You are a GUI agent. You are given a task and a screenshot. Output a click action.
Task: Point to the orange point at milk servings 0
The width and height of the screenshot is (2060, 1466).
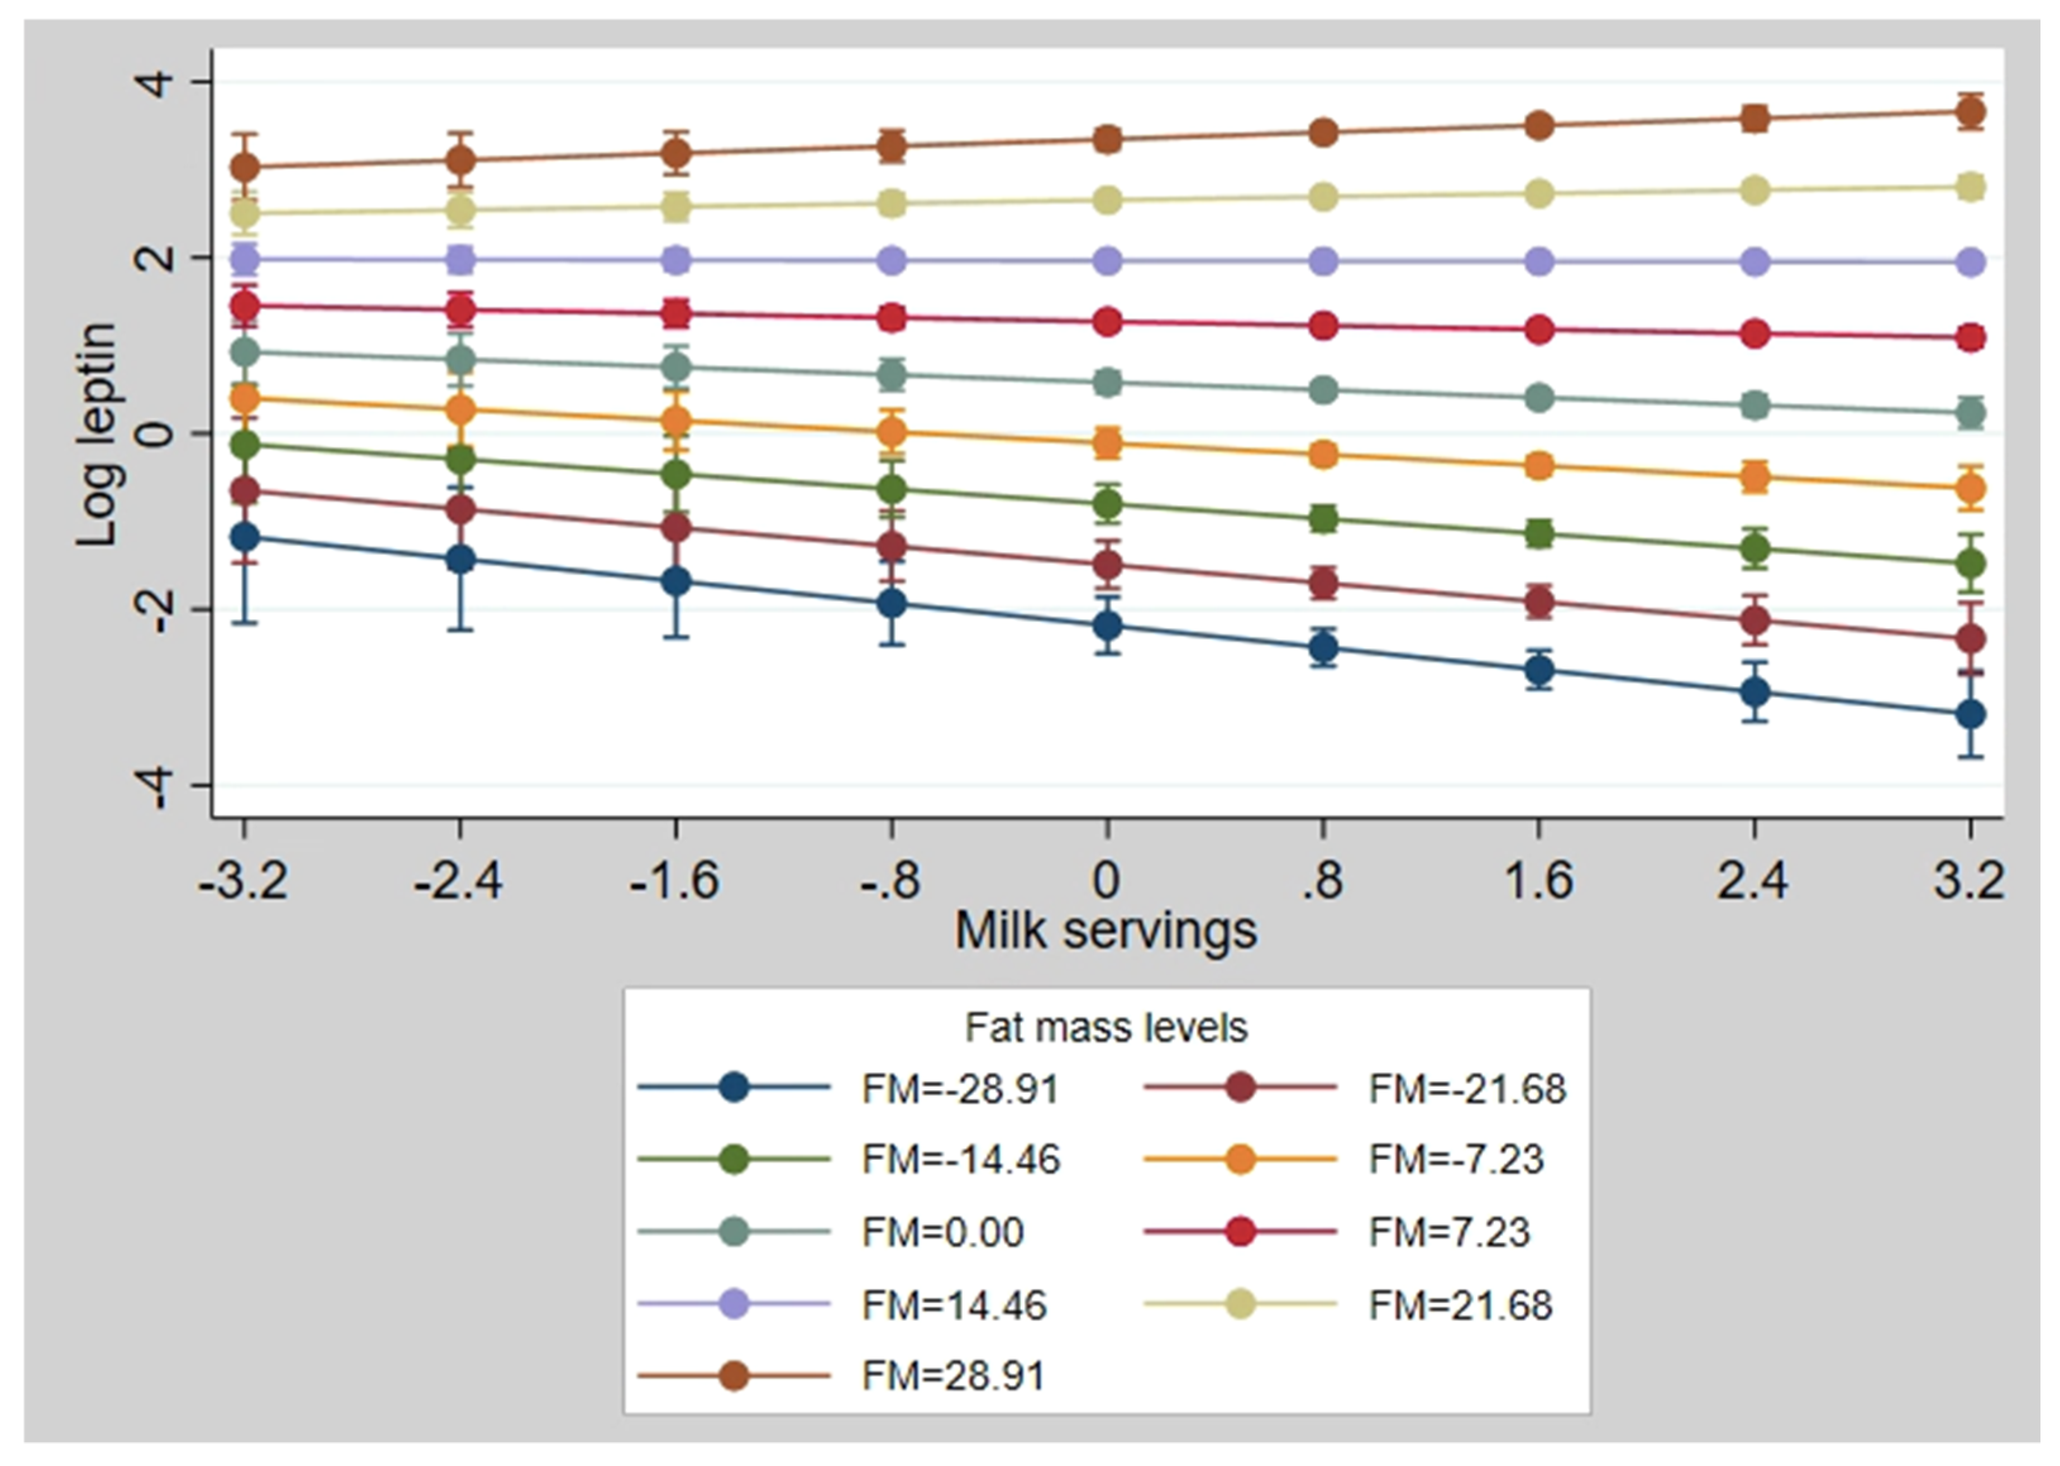[1107, 442]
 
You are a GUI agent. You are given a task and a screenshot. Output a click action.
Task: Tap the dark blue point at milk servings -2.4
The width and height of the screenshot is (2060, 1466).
[460, 560]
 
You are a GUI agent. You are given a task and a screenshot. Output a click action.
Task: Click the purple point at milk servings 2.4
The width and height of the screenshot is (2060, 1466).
[1754, 262]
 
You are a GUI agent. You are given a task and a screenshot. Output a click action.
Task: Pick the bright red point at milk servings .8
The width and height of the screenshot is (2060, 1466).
[1323, 326]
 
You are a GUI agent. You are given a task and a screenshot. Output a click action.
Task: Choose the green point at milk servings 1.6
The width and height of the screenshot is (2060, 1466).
[1539, 533]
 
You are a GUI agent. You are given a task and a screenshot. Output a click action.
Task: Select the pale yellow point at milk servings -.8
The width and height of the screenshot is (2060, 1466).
[892, 203]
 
